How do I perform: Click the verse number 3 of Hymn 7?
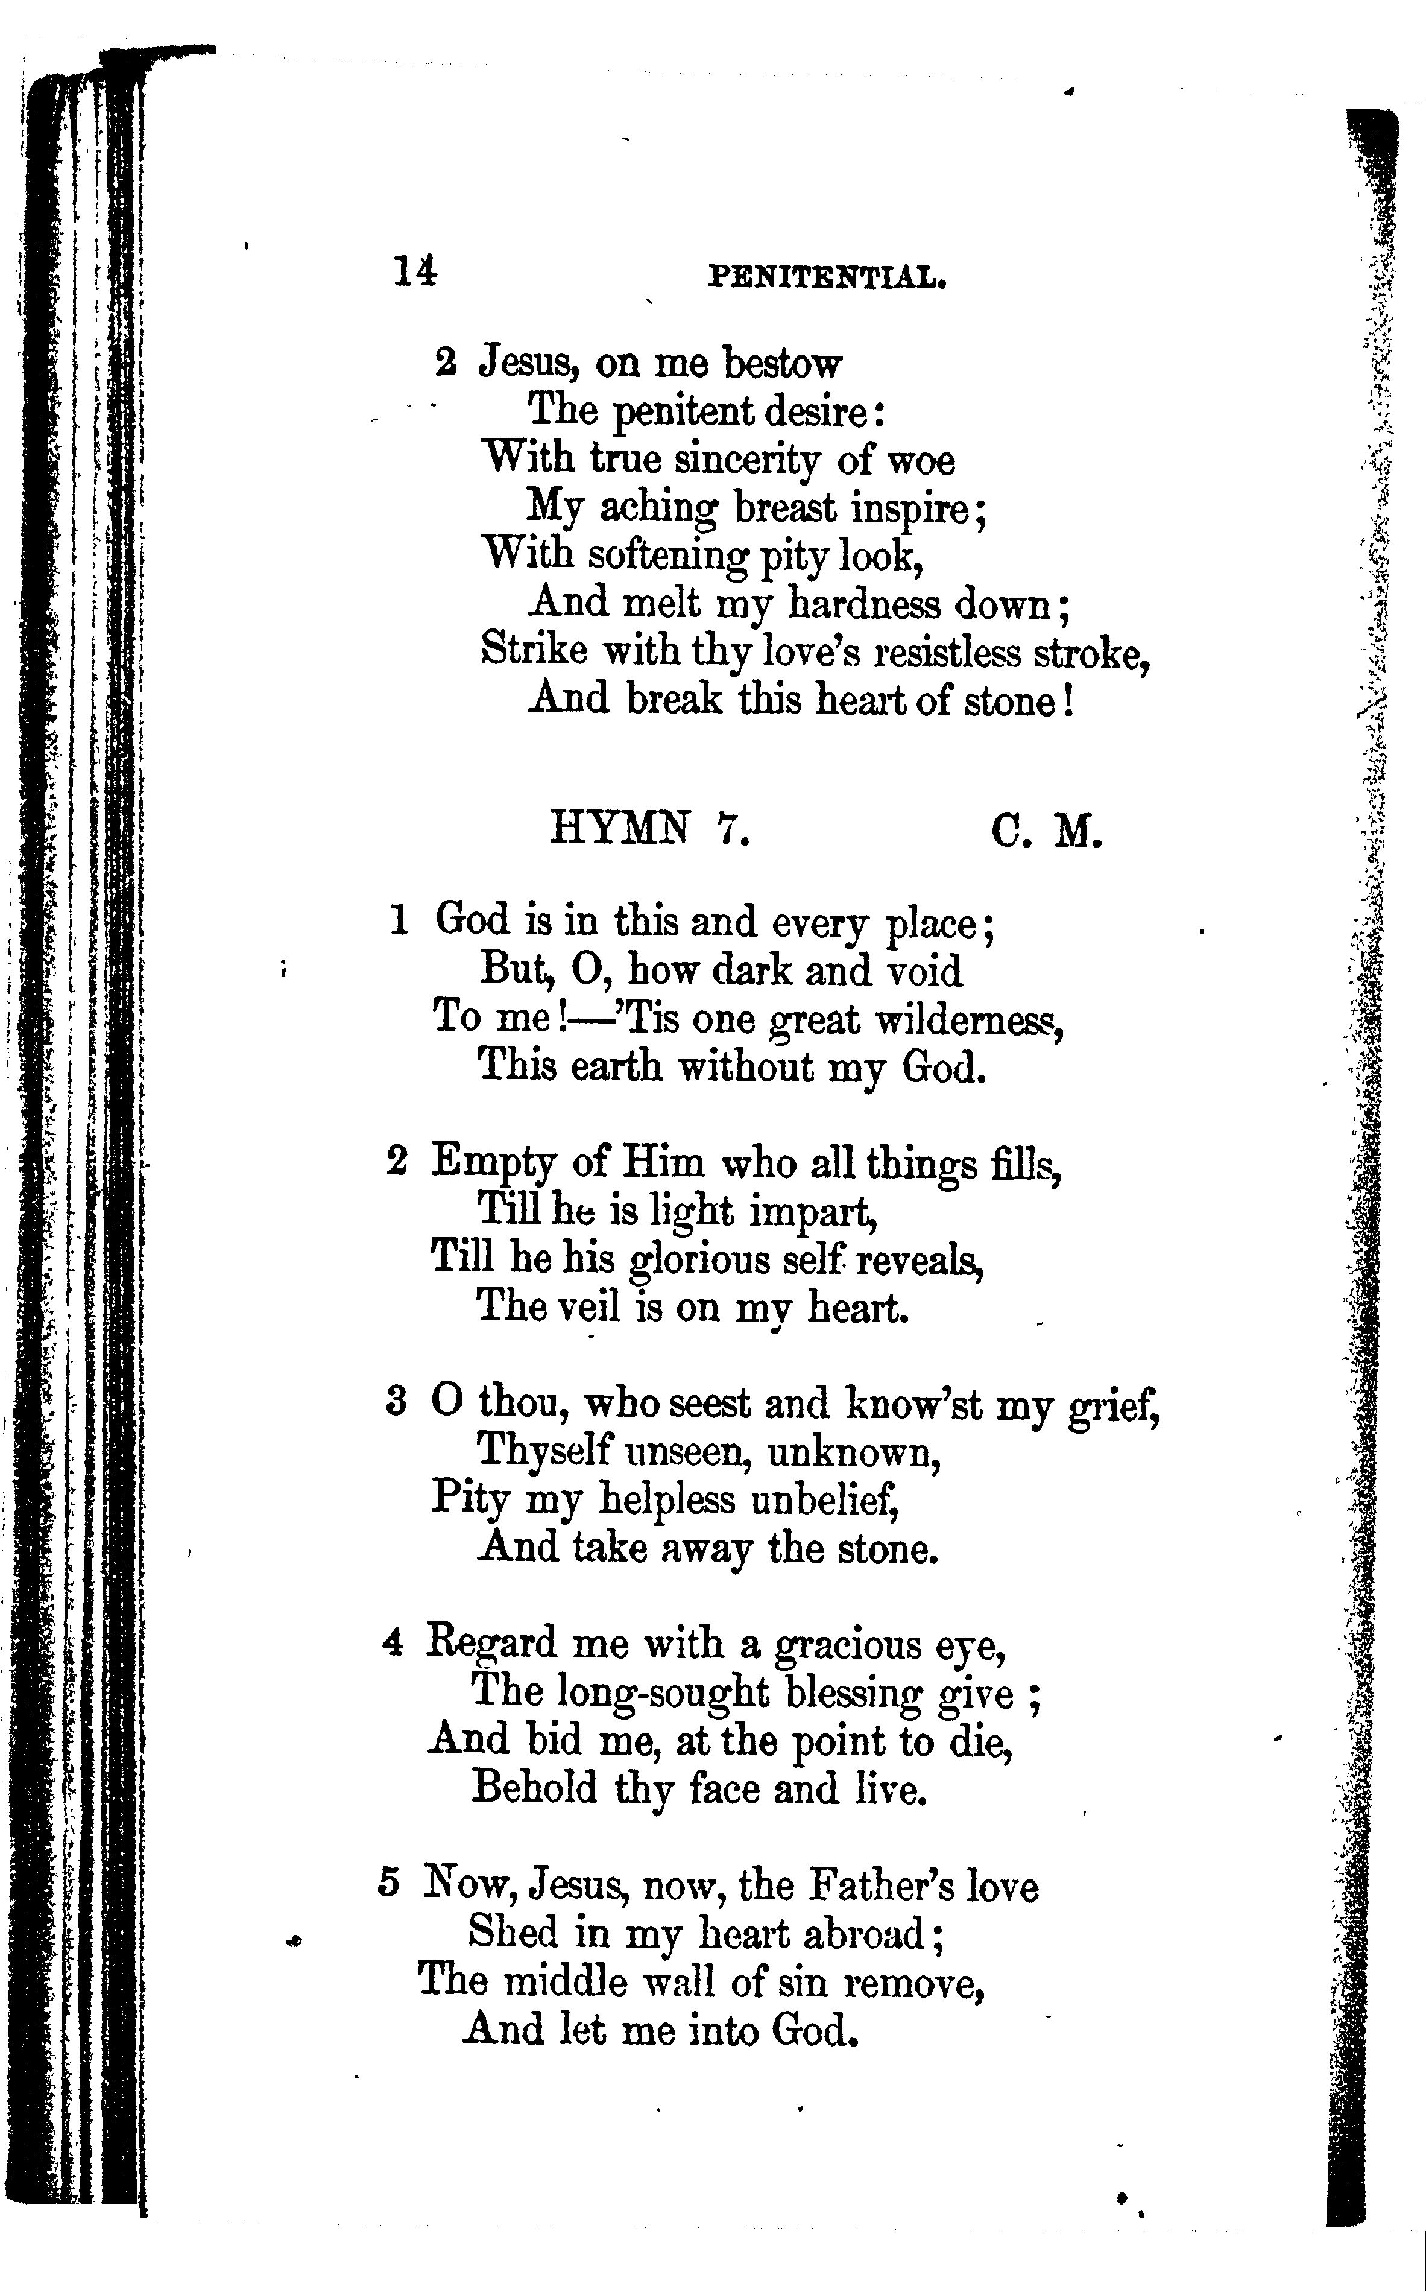pyautogui.click(x=396, y=1402)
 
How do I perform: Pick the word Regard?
pyautogui.click(x=491, y=1645)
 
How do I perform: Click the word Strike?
pyautogui.click(x=534, y=650)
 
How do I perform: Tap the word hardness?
pyautogui.click(x=864, y=604)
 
